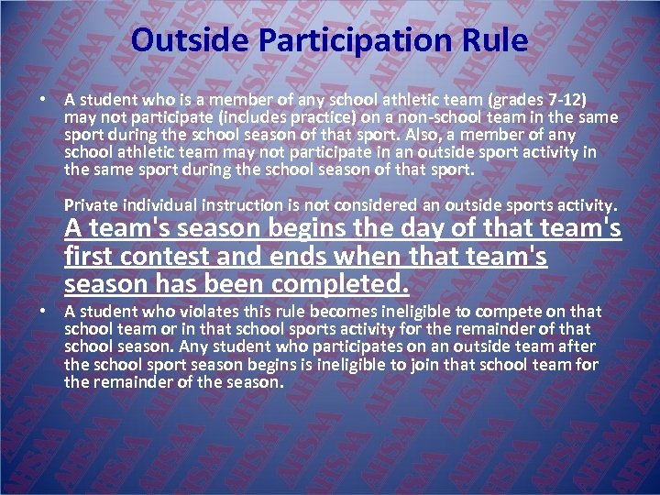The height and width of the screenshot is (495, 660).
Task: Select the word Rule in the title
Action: pos(496,40)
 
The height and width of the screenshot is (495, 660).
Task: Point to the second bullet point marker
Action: pos(44,311)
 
